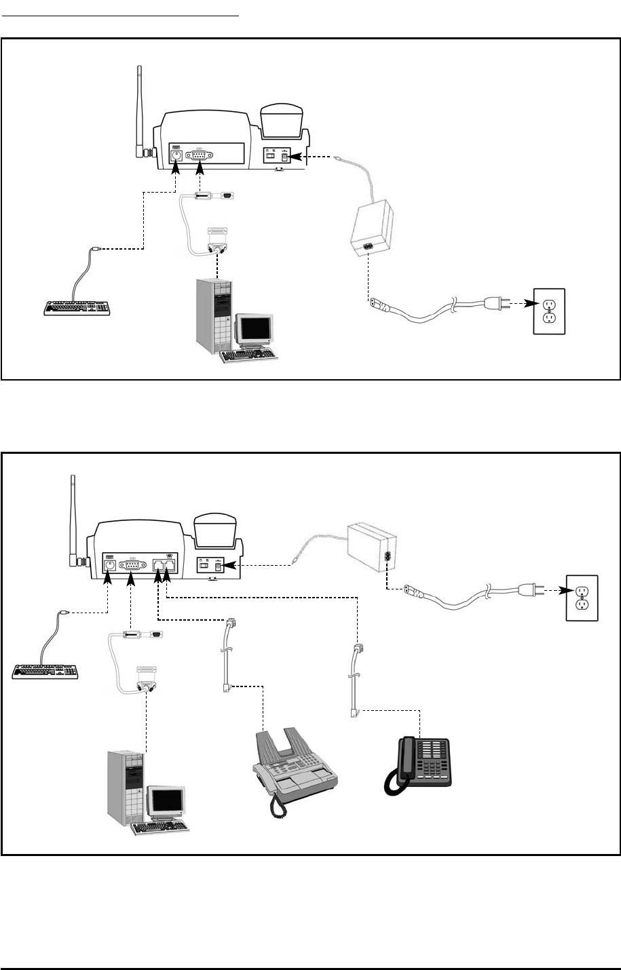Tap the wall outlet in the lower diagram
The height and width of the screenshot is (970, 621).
coord(582,598)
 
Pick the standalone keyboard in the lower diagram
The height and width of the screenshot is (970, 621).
coord(46,671)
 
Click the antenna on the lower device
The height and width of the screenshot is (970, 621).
coord(73,519)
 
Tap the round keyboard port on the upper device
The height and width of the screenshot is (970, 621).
coord(176,155)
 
